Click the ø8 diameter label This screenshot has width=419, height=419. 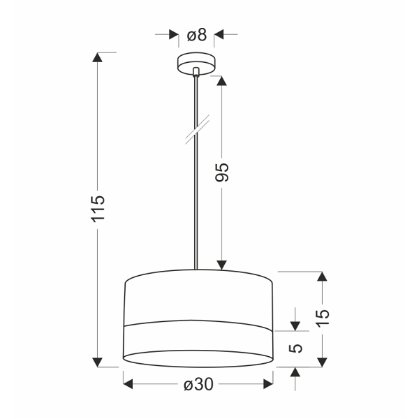tap(197, 34)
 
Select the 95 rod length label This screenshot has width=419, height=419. tap(222, 172)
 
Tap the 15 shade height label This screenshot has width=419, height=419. tap(322, 318)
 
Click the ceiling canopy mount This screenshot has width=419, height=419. tap(197, 64)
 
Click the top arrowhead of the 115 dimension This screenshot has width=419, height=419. tap(98, 59)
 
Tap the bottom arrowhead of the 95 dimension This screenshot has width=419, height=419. tap(222, 263)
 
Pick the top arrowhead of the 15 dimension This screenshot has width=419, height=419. tap(322, 277)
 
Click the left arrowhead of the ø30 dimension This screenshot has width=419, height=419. tap(129, 383)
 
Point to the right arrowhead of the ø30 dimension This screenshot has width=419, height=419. tap(266, 383)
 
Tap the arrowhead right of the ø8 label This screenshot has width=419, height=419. tap(219, 34)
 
